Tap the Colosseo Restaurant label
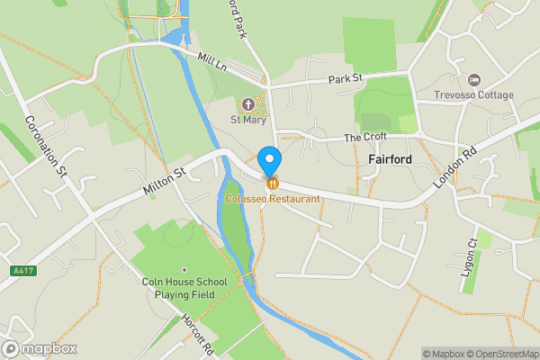[x=272, y=198]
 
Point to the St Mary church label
[x=247, y=120]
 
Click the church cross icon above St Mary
[x=248, y=104]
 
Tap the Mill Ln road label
[x=212, y=62]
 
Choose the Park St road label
[x=345, y=79]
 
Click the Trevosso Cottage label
[x=473, y=95]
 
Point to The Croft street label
[x=366, y=138]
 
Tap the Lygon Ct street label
[x=471, y=262]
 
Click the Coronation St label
[x=46, y=147]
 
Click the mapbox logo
[x=40, y=349]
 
